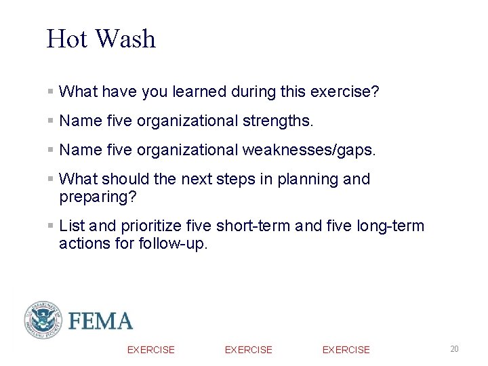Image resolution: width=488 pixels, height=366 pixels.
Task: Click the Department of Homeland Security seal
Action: click(43, 320)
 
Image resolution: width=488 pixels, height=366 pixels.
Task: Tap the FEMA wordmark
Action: click(101, 321)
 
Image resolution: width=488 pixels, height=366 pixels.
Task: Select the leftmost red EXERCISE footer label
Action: click(150, 350)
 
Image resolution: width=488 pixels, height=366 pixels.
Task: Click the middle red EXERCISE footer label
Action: click(248, 350)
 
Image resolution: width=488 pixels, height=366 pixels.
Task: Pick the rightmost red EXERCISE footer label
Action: click(346, 350)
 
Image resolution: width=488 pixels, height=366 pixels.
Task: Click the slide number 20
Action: click(454, 349)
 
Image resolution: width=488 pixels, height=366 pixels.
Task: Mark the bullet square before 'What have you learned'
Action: click(51, 91)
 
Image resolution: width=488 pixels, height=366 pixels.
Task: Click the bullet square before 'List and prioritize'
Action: click(51, 226)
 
